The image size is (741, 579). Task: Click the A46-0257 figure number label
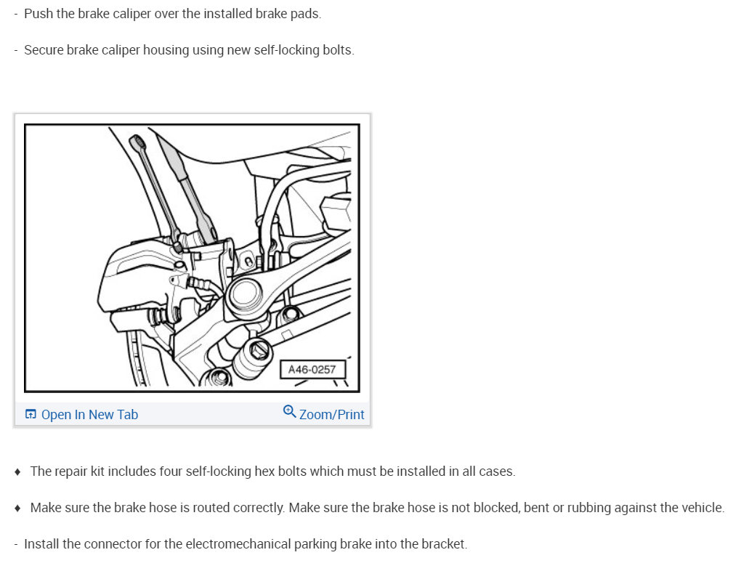point(312,370)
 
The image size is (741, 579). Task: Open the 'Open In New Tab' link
point(89,415)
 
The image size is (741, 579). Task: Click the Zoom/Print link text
point(332,415)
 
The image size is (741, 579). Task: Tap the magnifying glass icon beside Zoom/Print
point(289,411)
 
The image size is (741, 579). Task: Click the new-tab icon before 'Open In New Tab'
point(31,414)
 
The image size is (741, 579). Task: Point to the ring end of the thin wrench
point(137,140)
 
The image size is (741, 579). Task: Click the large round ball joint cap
point(245,294)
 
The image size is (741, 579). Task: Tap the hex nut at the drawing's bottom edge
point(218,378)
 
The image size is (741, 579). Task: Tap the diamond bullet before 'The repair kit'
point(17,471)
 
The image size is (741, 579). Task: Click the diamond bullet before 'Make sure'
point(17,508)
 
